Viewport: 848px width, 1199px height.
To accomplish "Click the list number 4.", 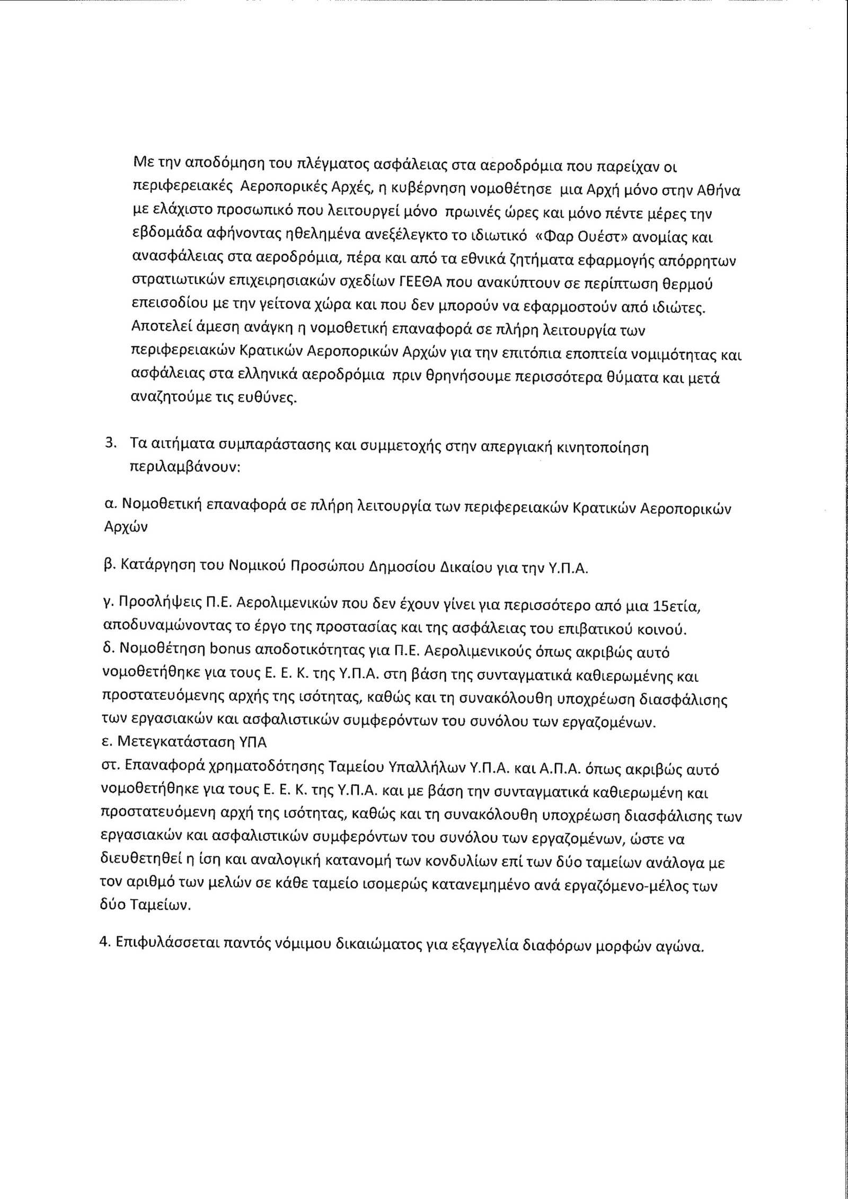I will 104,947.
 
